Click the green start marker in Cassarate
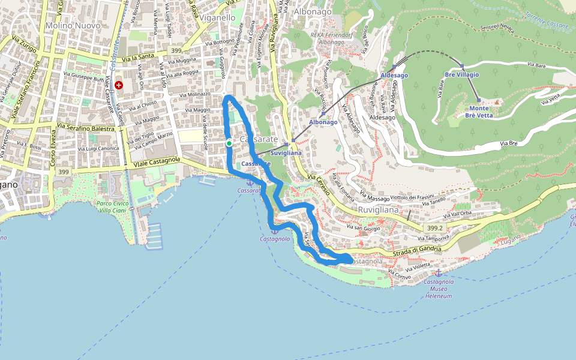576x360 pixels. [x=229, y=143]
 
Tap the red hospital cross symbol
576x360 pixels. [x=119, y=86]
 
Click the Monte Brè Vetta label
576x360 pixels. [x=478, y=112]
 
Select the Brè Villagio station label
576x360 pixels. [x=461, y=74]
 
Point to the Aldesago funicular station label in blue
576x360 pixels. [x=394, y=75]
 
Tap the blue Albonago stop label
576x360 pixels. [x=323, y=122]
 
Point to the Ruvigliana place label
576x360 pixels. [x=378, y=211]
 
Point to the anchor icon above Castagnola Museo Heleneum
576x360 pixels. [x=438, y=273]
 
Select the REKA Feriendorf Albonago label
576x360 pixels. [x=331, y=38]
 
